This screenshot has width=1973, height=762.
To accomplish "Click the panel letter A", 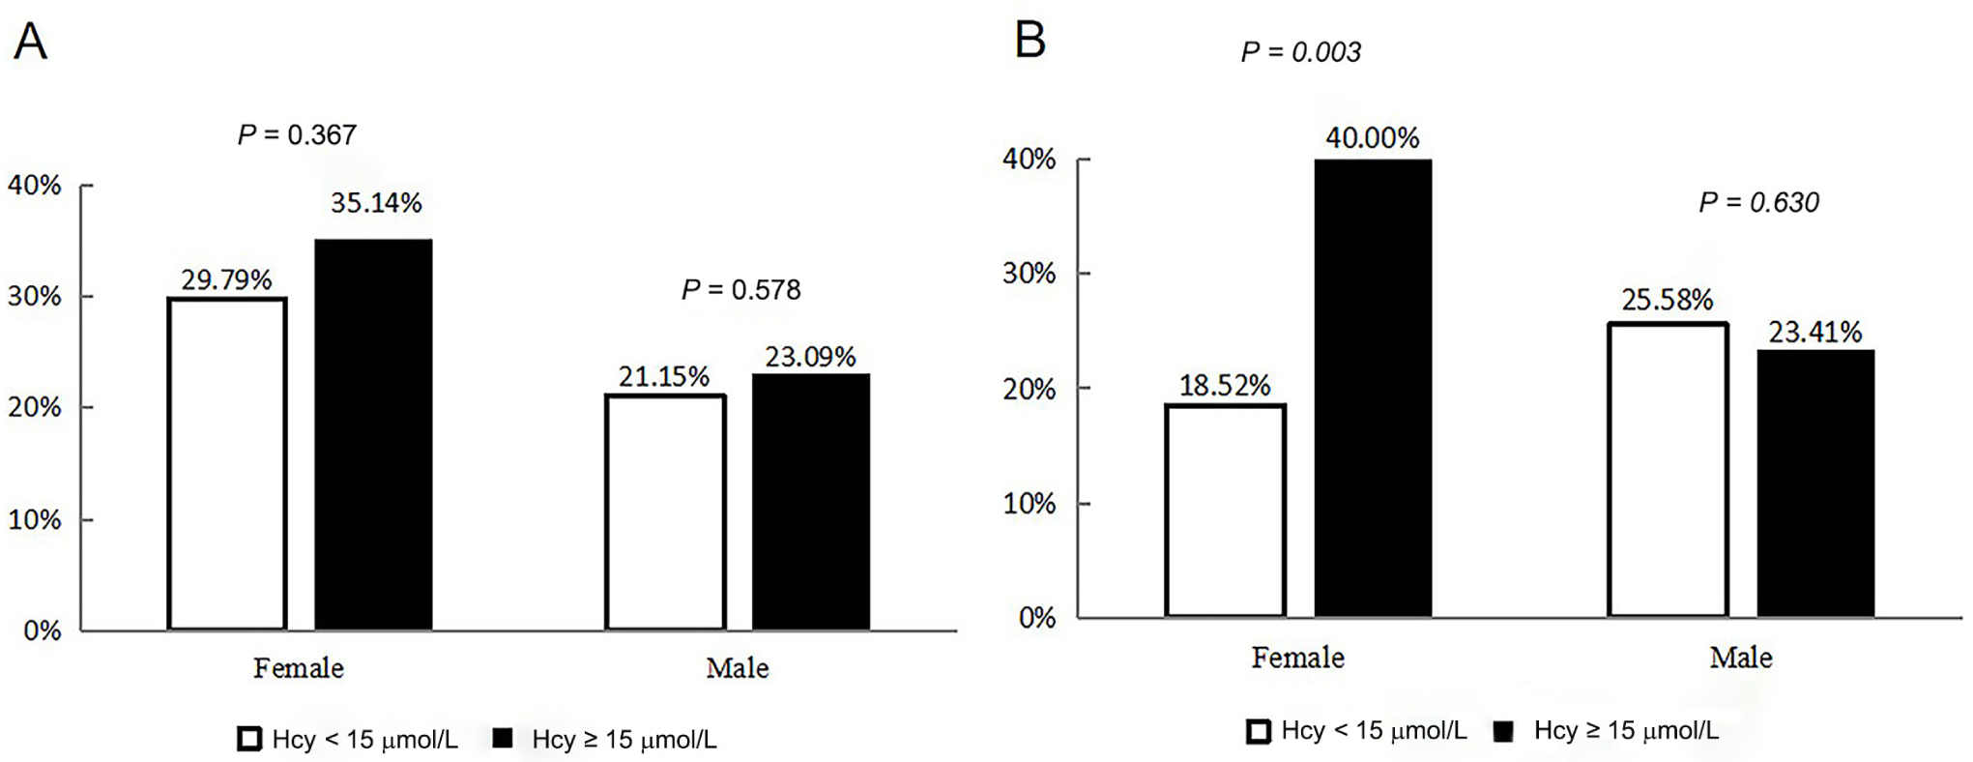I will (x=30, y=43).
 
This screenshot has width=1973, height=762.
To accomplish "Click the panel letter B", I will (x=1030, y=41).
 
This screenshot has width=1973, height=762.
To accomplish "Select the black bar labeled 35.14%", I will (x=373, y=435).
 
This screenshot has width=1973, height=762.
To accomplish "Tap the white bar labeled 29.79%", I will (x=227, y=464).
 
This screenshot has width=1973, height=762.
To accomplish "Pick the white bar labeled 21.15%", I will (x=665, y=513).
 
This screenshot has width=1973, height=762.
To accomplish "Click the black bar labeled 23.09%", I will (x=810, y=503).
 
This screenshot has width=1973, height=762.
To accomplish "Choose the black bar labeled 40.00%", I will (x=1373, y=387).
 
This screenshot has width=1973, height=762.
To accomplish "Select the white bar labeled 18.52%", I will (x=1225, y=511).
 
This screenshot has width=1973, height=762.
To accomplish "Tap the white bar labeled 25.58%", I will (x=1668, y=470).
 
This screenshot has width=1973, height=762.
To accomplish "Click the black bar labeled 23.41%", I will (x=1814, y=484).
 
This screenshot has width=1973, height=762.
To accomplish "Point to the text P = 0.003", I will (x=1300, y=52).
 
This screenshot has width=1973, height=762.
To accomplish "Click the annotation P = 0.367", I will (x=297, y=134).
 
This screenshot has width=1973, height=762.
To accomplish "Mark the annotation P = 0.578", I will (x=740, y=289).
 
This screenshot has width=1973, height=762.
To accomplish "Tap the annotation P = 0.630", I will (x=1758, y=202).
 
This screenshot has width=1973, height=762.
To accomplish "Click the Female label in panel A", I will (x=298, y=668).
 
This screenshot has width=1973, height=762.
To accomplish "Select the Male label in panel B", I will (x=1740, y=658).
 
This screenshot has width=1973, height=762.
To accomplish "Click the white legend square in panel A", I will (x=249, y=740).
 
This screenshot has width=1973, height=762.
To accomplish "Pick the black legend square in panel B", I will (x=1502, y=731).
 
